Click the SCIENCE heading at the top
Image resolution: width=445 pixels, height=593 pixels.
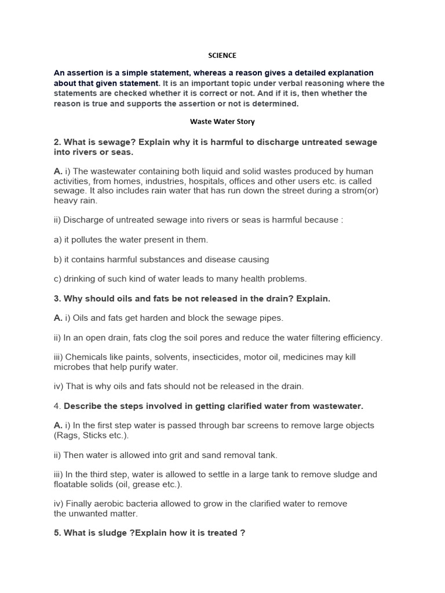coord(222,56)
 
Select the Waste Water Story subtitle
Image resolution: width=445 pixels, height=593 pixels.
coord(222,122)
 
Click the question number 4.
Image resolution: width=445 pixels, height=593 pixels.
coord(56,406)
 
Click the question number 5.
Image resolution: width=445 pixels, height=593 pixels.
coord(57,533)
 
